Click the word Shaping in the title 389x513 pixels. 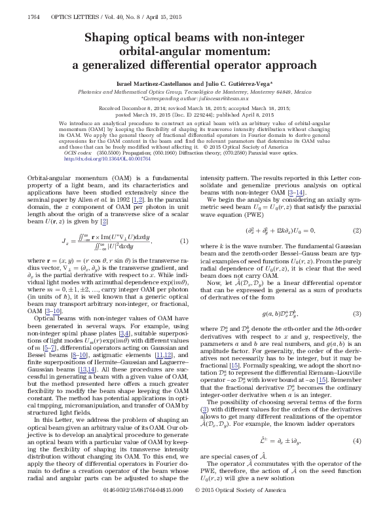point(111,39)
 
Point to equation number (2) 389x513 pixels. point(357,212)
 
